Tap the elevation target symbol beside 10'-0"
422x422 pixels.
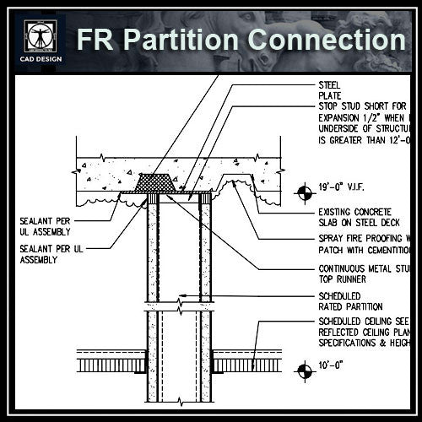[x=302, y=368]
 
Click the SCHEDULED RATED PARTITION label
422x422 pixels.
[x=351, y=300]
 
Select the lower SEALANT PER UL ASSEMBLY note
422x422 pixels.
[x=51, y=255]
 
